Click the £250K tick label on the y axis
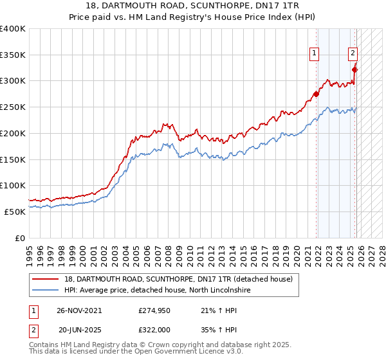pos(13,107)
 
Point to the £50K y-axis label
pos(15,212)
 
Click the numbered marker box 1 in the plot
pos(315,54)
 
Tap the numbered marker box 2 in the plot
pos(353,54)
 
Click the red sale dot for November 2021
pos(316,94)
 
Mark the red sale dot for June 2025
pos(354,70)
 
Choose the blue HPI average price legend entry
pos(160,291)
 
